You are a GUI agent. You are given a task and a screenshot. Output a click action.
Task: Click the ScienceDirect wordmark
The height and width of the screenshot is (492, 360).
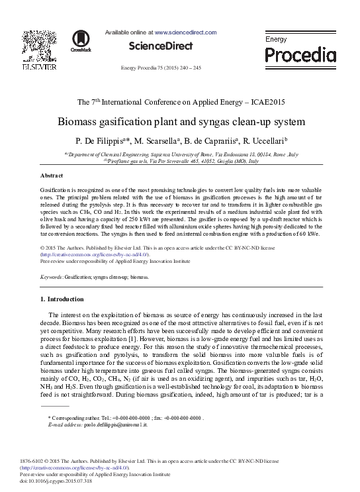click(x=161, y=46)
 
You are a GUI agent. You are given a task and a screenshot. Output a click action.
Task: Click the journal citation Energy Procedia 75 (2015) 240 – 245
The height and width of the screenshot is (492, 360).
click(x=161, y=68)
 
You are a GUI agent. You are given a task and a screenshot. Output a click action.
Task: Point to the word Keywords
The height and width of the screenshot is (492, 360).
click(x=52, y=275)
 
